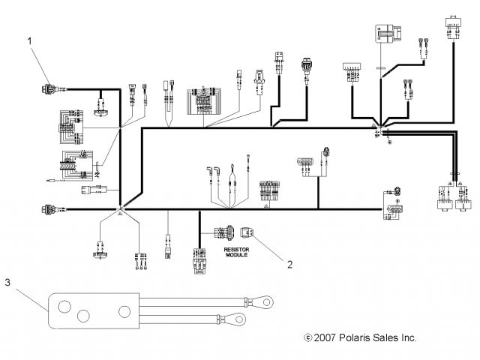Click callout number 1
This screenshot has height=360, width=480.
coord(31,41)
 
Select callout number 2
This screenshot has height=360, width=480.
coord(289,262)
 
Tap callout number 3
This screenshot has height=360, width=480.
coord(7,283)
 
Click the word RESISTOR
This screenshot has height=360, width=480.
coord(235,248)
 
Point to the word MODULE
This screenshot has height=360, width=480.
coord(235,255)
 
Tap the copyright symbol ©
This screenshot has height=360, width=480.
coord(307,338)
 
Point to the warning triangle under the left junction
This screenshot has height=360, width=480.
coord(119,214)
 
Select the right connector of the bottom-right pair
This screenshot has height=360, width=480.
coord(462,197)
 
